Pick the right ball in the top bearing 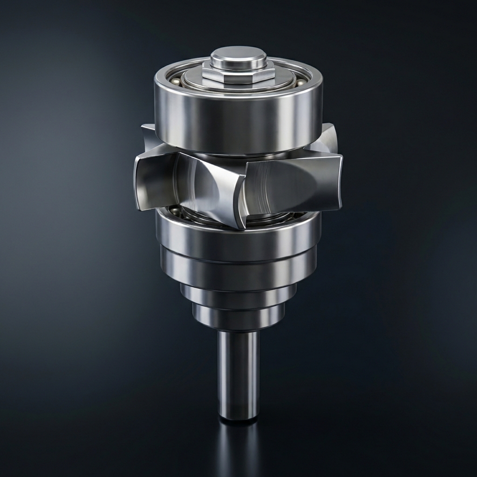tap(301, 82)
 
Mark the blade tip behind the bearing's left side tap(148, 135)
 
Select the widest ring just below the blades tap(238, 238)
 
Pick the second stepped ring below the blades tap(238, 269)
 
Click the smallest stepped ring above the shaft tap(238, 317)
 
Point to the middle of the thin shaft tap(238, 373)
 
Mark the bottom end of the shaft tap(238, 417)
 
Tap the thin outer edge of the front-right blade tap(340, 182)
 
